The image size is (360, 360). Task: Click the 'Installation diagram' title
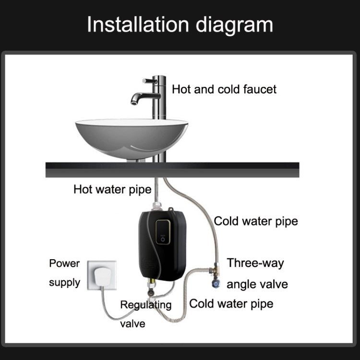[x=180, y=24]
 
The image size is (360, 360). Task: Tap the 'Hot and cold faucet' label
[x=224, y=89]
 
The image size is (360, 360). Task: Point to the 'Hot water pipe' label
[x=112, y=189]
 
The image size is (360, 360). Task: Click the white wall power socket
[x=102, y=275]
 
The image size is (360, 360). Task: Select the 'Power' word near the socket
[x=64, y=263]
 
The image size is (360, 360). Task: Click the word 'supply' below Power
[x=64, y=282]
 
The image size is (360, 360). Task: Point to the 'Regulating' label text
[x=145, y=305]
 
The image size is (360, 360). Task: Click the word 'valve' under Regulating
[x=132, y=324]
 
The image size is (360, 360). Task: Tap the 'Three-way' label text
[x=255, y=263]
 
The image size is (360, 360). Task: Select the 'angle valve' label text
[x=257, y=284]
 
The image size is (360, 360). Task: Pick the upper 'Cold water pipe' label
[x=256, y=221]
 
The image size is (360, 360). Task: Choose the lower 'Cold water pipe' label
[x=231, y=303]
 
